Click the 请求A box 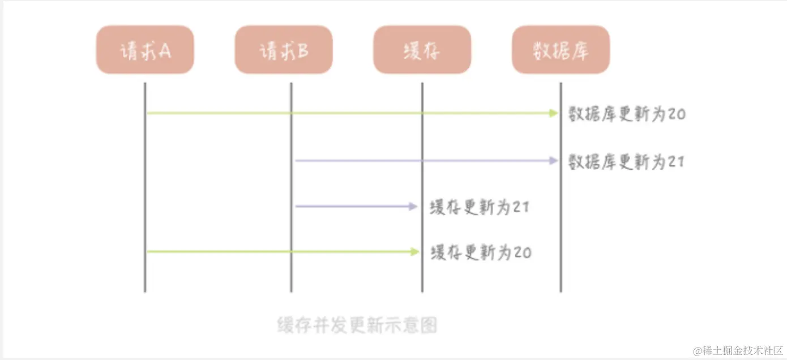(x=145, y=50)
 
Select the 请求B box (x=284, y=50)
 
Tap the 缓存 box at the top (x=422, y=50)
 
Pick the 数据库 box (x=561, y=50)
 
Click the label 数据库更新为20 (x=627, y=114)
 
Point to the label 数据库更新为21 (x=627, y=162)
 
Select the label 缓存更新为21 (x=480, y=207)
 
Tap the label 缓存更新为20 (x=481, y=252)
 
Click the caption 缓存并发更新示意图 (x=357, y=325)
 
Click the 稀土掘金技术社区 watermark (x=738, y=350)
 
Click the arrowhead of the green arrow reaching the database (x=554, y=113)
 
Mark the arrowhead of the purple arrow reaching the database (x=554, y=161)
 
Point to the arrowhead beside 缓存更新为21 (x=413, y=206)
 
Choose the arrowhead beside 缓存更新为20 (x=415, y=251)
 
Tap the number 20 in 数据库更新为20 (x=677, y=114)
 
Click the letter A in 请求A (x=165, y=51)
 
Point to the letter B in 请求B (x=303, y=51)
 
